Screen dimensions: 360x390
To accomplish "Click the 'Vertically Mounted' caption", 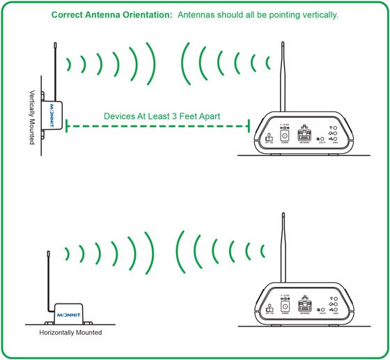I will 32,116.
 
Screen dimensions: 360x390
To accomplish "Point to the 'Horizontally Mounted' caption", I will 72,333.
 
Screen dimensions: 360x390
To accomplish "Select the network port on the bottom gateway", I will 304,306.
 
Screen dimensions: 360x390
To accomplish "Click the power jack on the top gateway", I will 284,136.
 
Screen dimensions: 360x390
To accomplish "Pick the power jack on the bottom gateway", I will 284,308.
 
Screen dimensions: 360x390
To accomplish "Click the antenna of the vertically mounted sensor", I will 54,70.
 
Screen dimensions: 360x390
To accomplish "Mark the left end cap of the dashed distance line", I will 66,126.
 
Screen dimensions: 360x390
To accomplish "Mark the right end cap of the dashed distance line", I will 249,126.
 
